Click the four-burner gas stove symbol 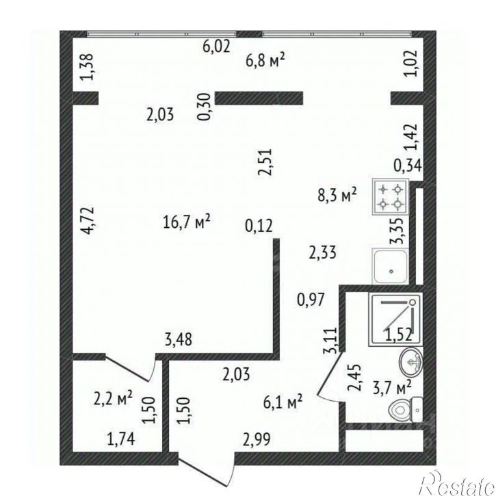(x=391, y=197)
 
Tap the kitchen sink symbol (x=391, y=265)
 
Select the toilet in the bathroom (x=406, y=410)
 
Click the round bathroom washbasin (x=411, y=363)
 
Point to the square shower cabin (x=395, y=319)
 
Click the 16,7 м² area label (x=187, y=221)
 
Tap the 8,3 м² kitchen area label (x=337, y=194)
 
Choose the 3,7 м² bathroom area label (x=392, y=387)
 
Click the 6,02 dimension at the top (x=216, y=47)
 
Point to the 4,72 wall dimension (x=87, y=220)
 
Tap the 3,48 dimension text (x=179, y=340)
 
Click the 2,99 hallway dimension (x=257, y=439)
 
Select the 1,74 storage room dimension (x=121, y=439)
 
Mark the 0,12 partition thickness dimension (x=259, y=226)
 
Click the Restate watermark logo (x=458, y=482)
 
